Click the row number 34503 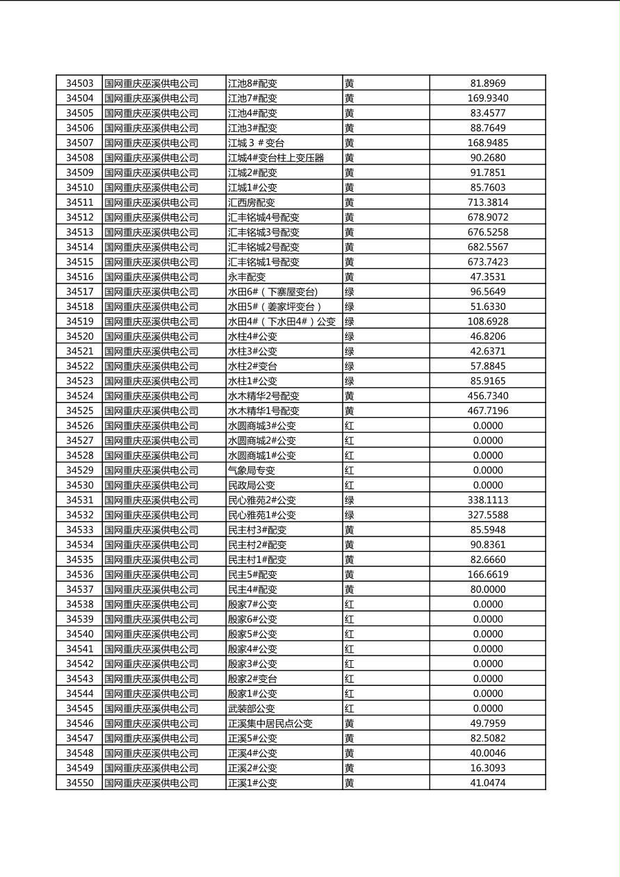pos(79,83)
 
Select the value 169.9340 pos(487,98)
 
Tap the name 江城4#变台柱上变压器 pos(276,158)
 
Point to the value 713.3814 pos(487,202)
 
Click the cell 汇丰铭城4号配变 pos(263,217)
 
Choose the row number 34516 pos(79,277)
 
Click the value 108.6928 pos(487,321)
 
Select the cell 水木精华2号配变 pos(263,395)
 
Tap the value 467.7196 pos(487,411)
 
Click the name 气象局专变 pos(251,470)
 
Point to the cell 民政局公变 pos(251,485)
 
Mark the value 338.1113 pos(487,500)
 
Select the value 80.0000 pos(487,589)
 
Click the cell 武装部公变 pos(251,708)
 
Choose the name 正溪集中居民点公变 pos(270,723)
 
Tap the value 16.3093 pos(487,768)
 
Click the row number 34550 pos(79,782)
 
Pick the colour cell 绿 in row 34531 pos(350,500)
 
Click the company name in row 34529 pos(151,470)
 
